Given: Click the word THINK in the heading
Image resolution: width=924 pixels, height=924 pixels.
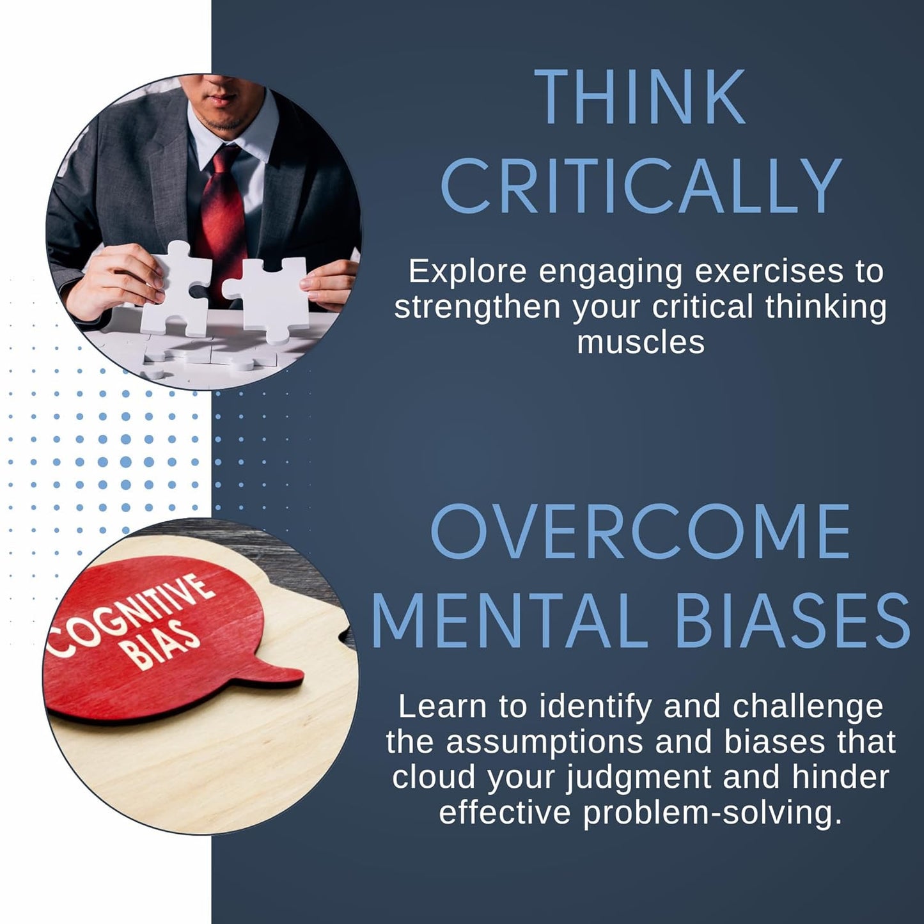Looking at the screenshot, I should (640, 97).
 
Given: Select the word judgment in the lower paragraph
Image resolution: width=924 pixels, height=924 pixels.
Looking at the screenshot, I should (639, 778).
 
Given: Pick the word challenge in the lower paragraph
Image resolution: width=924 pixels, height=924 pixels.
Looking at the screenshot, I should (808, 707).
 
